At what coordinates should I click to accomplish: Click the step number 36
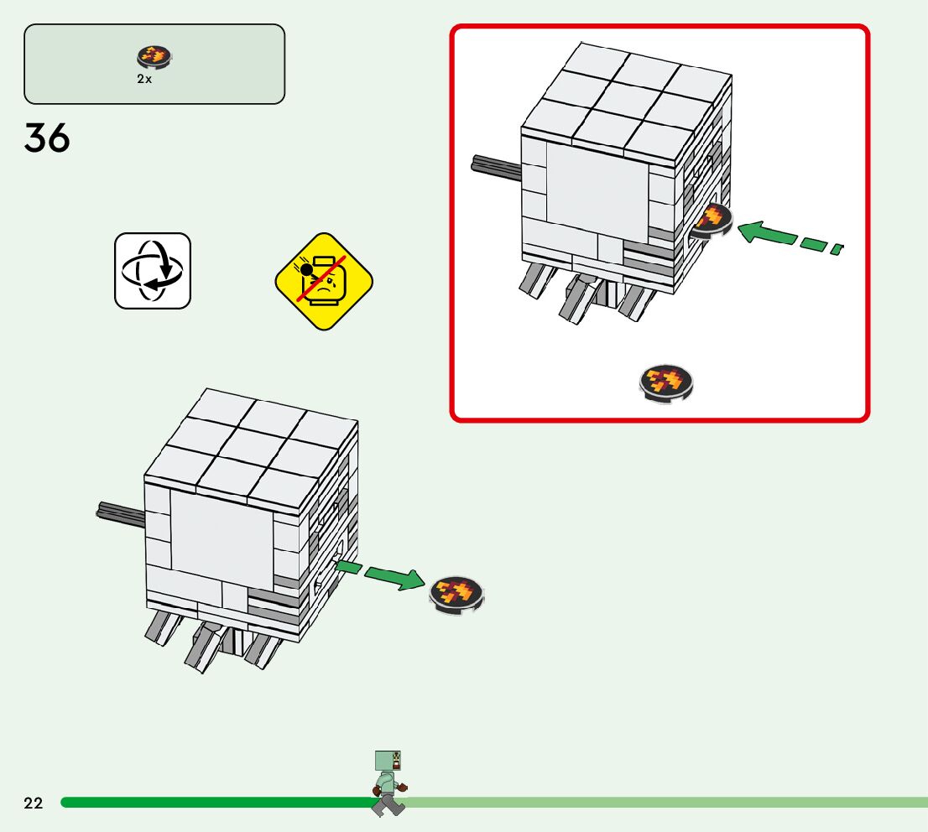coord(47,138)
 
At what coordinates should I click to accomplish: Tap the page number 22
coord(34,803)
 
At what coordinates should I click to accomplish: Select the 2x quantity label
coord(145,79)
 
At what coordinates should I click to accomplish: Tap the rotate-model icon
coord(153,271)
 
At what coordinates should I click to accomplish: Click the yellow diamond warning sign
coord(324,281)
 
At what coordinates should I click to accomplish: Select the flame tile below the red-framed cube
coord(667,383)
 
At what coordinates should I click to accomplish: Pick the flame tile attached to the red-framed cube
coord(712,221)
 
